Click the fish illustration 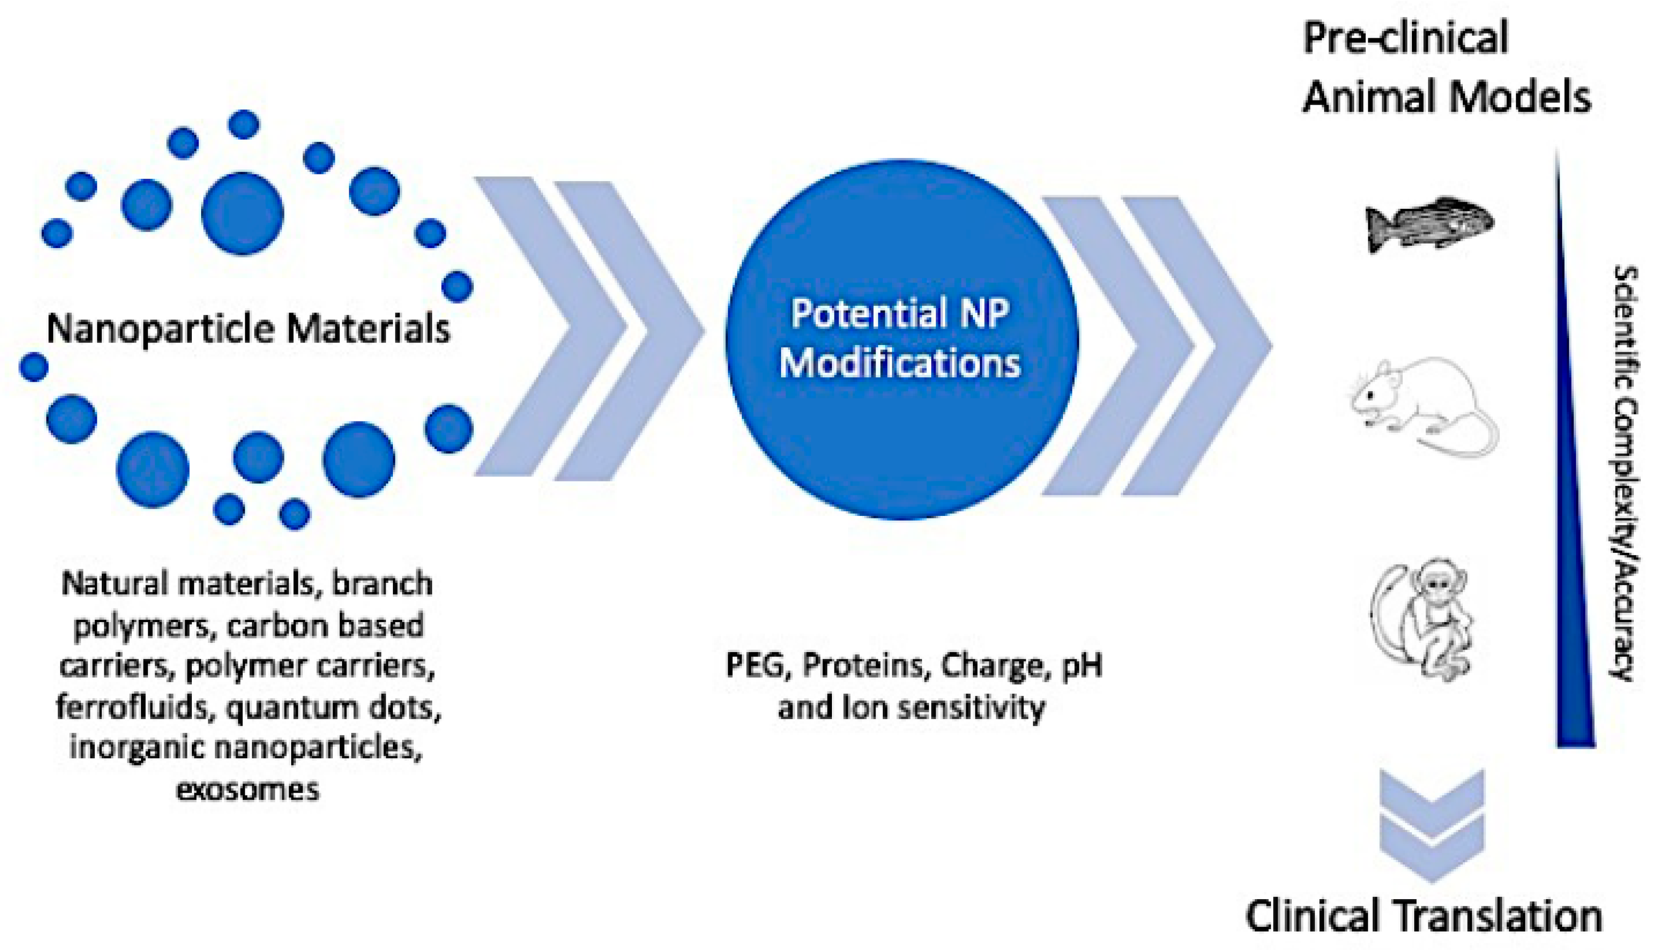click(1429, 223)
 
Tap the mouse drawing click(1424, 405)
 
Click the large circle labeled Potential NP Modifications click(901, 340)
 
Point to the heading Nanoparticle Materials click(248, 328)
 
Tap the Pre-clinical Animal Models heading click(1446, 67)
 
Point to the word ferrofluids click(136, 707)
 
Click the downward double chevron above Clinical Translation click(1432, 826)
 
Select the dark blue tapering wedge click(1574, 451)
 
